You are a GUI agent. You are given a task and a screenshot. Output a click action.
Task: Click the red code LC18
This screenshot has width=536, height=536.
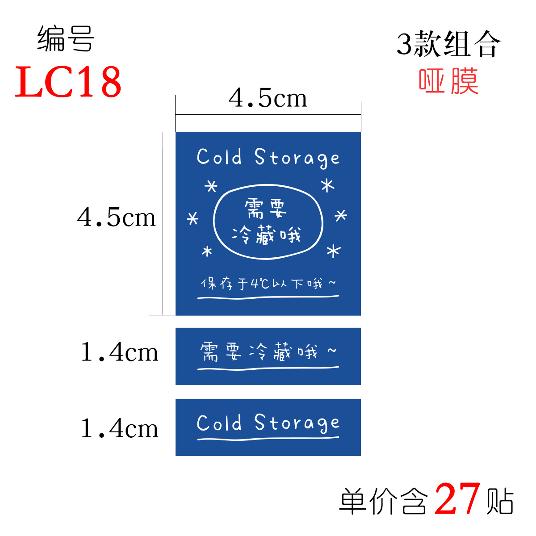tap(68, 82)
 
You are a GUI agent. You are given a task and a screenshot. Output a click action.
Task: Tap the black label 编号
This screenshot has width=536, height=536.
tap(66, 39)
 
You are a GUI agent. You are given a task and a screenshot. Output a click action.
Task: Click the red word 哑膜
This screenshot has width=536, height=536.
tap(448, 81)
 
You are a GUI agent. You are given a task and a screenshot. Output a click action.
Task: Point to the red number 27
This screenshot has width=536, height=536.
tap(457, 499)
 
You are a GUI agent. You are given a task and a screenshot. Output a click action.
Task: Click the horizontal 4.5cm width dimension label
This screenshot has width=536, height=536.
tap(268, 98)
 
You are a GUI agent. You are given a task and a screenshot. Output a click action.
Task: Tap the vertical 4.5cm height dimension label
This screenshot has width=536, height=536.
tap(117, 218)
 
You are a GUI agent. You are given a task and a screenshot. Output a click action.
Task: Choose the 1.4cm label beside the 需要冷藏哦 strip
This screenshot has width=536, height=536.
tap(119, 352)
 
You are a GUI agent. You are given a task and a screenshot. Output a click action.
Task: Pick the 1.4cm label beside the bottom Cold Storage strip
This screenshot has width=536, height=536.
tap(119, 428)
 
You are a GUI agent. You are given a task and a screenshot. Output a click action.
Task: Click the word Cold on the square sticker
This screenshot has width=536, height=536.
tap(219, 157)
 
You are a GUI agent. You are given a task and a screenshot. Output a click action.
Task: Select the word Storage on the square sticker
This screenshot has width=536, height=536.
tap(297, 158)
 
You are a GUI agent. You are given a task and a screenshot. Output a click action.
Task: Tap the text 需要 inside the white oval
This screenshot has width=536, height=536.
tap(266, 208)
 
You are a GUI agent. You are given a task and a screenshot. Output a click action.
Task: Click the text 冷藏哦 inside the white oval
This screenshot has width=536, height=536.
tap(267, 235)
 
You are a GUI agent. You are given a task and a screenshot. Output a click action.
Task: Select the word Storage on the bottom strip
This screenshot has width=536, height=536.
tap(297, 423)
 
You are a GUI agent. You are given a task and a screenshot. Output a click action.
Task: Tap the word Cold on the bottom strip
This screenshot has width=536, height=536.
tap(219, 423)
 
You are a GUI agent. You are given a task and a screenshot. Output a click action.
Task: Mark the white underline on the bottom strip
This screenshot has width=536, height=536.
tap(268, 439)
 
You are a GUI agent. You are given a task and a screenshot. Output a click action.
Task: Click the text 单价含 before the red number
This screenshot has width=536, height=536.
tap(383, 501)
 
